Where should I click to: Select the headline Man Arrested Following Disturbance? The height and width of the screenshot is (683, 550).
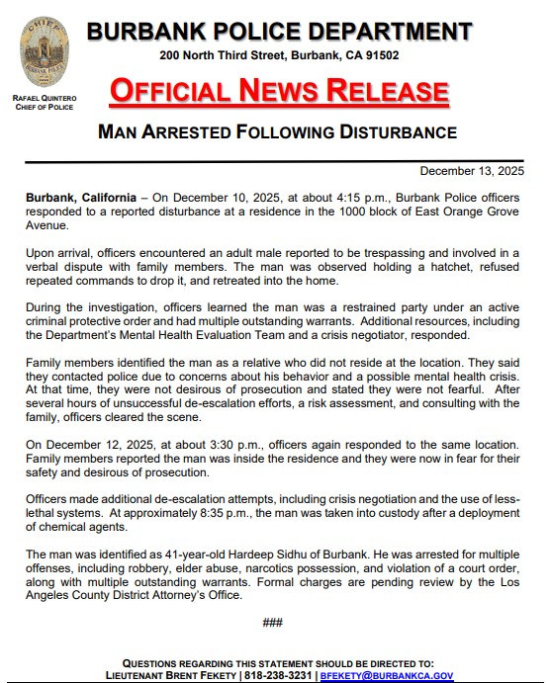click(x=277, y=131)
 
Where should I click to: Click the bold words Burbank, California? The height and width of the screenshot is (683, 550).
click(x=82, y=198)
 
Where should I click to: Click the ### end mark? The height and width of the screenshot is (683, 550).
click(x=273, y=622)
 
